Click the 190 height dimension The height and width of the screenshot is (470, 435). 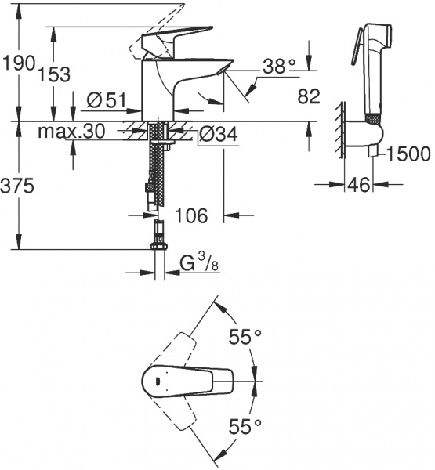17,63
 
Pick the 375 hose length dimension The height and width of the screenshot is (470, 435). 17,186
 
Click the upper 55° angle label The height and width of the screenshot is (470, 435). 245,338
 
